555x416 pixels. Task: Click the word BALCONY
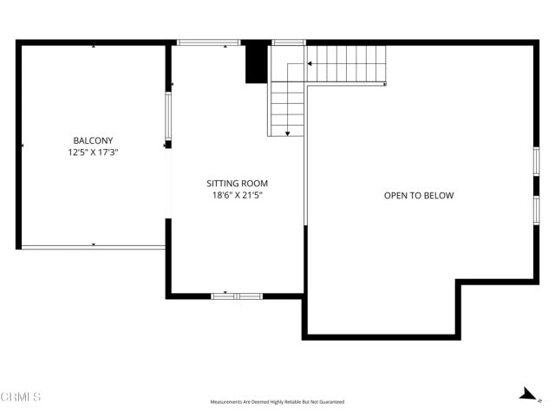click(x=93, y=140)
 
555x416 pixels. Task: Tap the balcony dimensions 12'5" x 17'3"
click(x=93, y=153)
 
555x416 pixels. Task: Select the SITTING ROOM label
click(x=237, y=184)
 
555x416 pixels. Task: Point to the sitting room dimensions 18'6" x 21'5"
click(x=237, y=196)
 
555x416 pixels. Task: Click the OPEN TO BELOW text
click(x=419, y=196)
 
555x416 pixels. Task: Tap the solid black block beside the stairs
click(x=256, y=62)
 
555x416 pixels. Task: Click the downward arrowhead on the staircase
click(x=287, y=133)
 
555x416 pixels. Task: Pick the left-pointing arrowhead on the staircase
click(x=307, y=64)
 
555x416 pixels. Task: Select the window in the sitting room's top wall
click(x=209, y=42)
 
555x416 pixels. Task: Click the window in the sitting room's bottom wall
click(x=237, y=296)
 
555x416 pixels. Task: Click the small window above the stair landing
click(x=288, y=42)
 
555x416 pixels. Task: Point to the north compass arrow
click(x=526, y=394)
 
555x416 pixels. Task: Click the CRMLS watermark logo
click(x=21, y=397)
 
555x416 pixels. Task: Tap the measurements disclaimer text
click(x=277, y=402)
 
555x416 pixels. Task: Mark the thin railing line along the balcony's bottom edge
click(x=93, y=247)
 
